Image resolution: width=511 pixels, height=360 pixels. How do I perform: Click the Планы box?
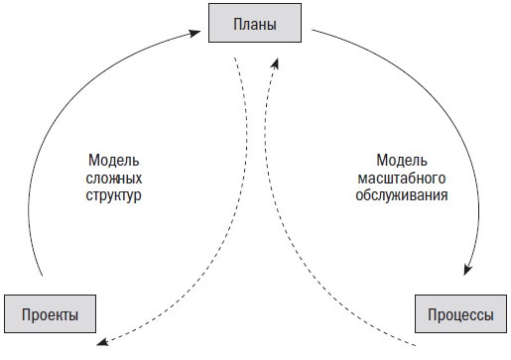256,23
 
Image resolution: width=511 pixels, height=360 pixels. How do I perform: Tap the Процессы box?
459,314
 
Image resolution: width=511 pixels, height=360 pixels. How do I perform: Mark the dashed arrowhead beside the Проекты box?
101,343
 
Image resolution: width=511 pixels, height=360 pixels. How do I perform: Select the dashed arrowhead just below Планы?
274,65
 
